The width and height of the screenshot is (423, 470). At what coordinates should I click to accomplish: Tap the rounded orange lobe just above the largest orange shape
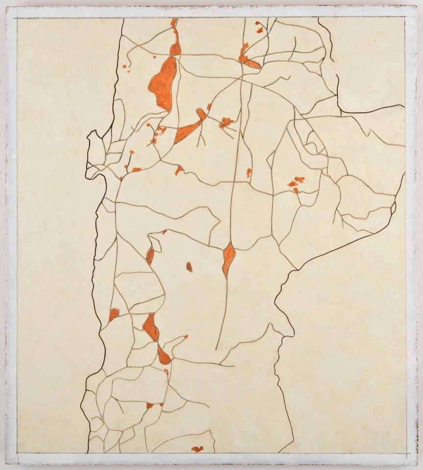[x=175, y=49]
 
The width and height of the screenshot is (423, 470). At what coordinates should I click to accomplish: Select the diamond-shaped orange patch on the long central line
[x=228, y=258]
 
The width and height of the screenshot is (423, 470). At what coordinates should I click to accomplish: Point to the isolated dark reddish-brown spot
[x=189, y=266]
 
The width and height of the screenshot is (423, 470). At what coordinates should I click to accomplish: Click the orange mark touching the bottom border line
[x=197, y=449]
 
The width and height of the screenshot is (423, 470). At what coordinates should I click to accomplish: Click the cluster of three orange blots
[x=295, y=184]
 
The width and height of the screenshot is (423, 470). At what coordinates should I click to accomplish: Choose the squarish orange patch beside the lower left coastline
[x=114, y=313]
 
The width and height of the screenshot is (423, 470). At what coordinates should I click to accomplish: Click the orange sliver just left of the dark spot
[x=150, y=256]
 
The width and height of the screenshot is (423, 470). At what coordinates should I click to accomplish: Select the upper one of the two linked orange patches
[x=150, y=327]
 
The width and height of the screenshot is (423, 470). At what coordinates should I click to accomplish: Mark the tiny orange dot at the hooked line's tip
[x=186, y=337]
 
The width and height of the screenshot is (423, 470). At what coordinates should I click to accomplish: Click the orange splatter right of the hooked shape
[x=226, y=122]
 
